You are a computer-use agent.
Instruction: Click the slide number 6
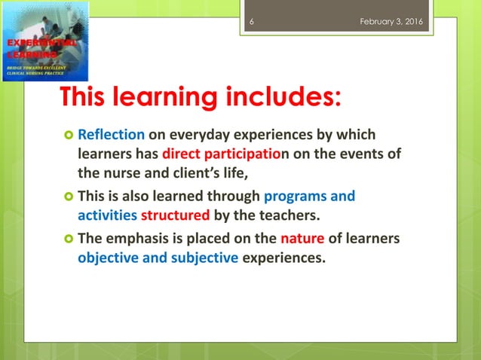[251, 20]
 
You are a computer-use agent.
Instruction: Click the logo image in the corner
[45, 41]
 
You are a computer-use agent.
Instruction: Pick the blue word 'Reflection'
[111, 136]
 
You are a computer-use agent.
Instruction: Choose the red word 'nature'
[303, 240]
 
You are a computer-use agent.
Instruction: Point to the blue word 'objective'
[108, 258]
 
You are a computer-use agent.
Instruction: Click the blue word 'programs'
[295, 197]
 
